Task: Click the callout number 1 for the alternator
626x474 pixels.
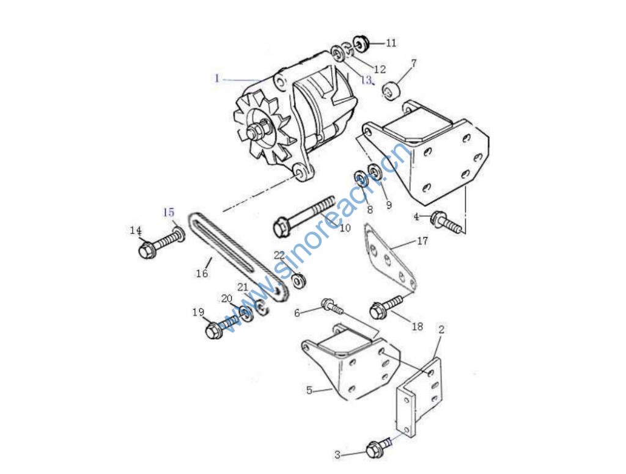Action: click(217, 78)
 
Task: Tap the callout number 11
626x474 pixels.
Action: click(391, 43)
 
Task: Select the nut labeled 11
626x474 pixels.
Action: click(361, 43)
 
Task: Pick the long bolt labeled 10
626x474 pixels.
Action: click(304, 216)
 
